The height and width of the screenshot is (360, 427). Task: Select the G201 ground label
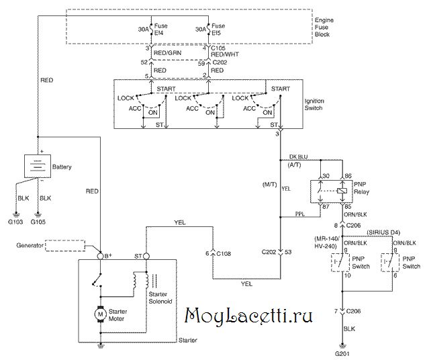point(344,353)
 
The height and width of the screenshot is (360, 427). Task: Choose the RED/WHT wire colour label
point(224,54)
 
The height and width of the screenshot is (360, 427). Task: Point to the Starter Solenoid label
point(162,298)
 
